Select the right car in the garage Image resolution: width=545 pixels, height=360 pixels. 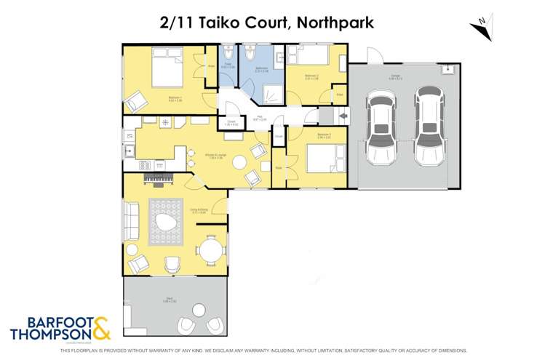click(x=428, y=127)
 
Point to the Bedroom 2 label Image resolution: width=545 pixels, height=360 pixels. click(x=312, y=76)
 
